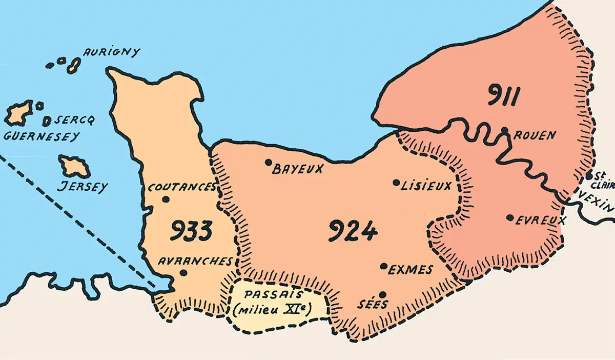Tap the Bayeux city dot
[x=268, y=163]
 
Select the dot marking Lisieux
[x=396, y=182]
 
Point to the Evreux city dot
[x=509, y=217]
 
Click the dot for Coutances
[x=165, y=199]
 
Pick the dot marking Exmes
[x=383, y=266]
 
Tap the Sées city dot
[x=382, y=294]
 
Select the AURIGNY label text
[x=111, y=52]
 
